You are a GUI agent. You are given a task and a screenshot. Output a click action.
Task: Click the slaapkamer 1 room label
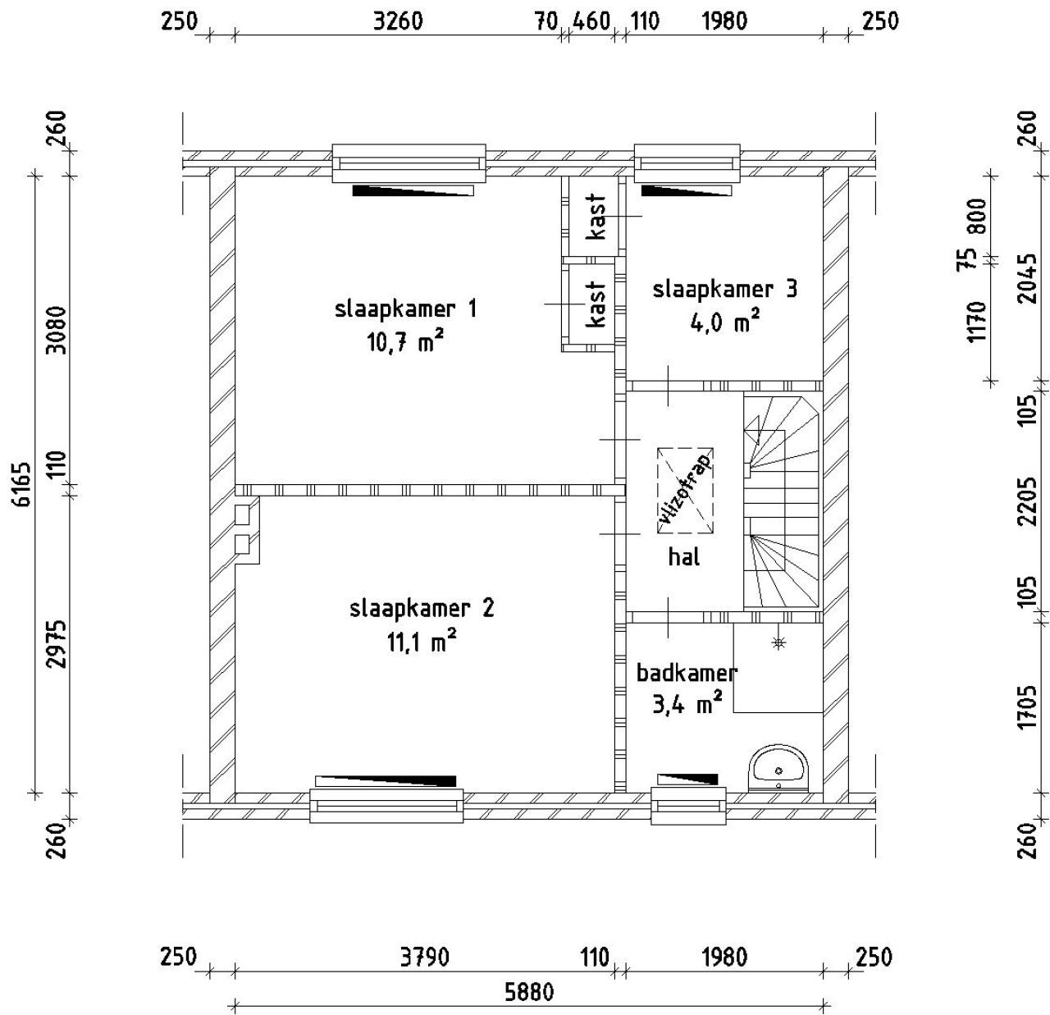(406, 309)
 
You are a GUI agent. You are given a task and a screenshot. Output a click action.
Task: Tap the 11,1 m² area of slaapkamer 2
(422, 642)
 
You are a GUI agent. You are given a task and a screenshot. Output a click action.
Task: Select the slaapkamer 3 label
(724, 290)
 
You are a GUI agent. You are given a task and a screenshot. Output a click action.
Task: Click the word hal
(684, 556)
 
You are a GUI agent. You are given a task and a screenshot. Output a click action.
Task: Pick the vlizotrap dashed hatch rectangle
(685, 491)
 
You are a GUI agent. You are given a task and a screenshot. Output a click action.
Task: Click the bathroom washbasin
(778, 768)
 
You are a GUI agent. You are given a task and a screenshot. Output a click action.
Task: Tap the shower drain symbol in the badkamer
(778, 642)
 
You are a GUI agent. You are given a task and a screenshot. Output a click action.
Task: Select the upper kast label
(597, 217)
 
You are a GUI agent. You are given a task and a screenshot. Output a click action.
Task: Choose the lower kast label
(597, 304)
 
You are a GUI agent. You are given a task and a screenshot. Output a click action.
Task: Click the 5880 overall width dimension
(529, 991)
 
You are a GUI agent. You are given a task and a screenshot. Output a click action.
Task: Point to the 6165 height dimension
(23, 483)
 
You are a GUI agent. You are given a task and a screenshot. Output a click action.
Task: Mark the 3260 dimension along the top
(398, 21)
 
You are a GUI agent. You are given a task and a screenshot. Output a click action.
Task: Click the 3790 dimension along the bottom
(424, 958)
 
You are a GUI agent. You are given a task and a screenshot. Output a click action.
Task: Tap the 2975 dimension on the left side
(57, 644)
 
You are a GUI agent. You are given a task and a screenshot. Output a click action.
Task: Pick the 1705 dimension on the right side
(1027, 706)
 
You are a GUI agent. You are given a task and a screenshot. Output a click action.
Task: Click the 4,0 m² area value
(724, 323)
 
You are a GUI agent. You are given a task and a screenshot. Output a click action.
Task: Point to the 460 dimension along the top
(591, 21)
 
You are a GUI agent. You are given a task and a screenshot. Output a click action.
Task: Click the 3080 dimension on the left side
(57, 330)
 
